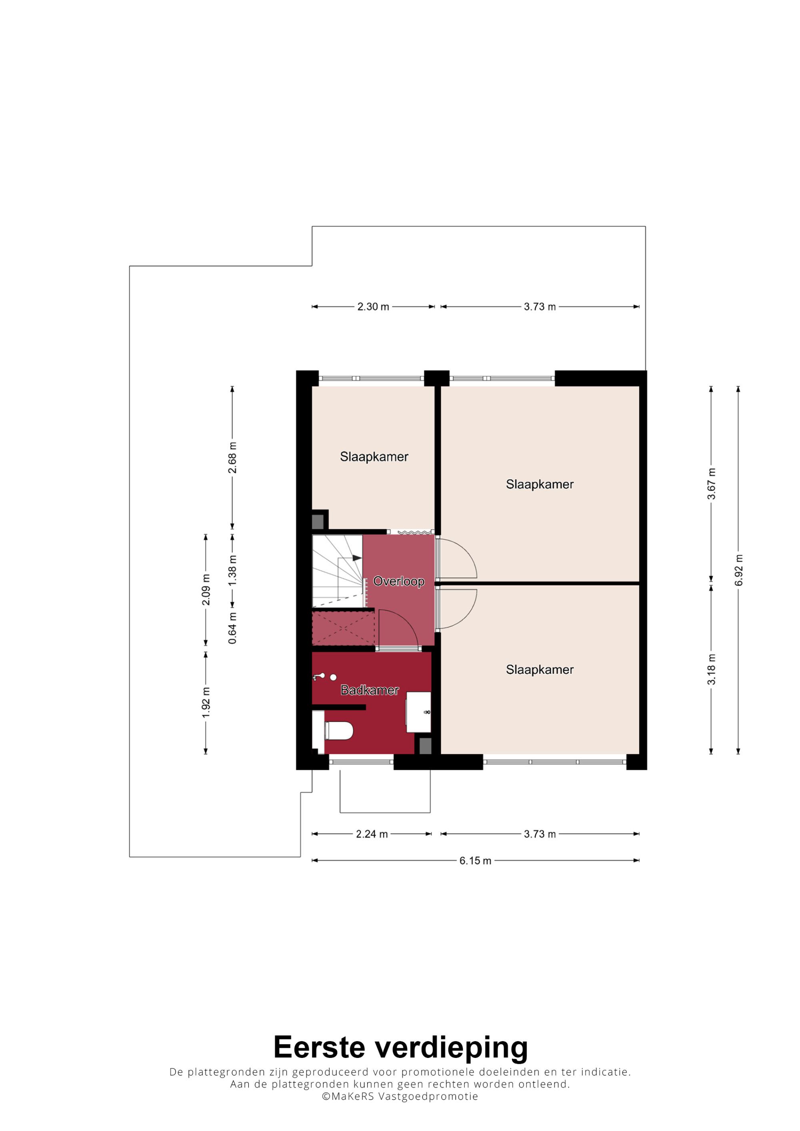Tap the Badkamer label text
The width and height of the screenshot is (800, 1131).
pos(370,690)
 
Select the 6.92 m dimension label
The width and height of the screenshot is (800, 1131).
pos(738,570)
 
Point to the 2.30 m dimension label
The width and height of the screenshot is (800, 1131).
pos(373,307)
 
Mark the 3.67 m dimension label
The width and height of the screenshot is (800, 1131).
pos(711,484)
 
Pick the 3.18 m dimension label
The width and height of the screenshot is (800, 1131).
pos(711,669)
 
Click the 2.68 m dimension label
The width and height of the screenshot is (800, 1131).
pos(232,458)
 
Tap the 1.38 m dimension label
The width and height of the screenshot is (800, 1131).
pos(232,570)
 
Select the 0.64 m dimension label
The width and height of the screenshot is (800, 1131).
pos(232,628)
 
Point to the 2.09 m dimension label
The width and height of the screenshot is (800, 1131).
pos(206,589)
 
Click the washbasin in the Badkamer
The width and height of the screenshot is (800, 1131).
pos(418,712)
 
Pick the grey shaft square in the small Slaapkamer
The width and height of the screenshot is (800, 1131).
pos(318,522)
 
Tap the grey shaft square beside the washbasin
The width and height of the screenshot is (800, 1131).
pos(425,745)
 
